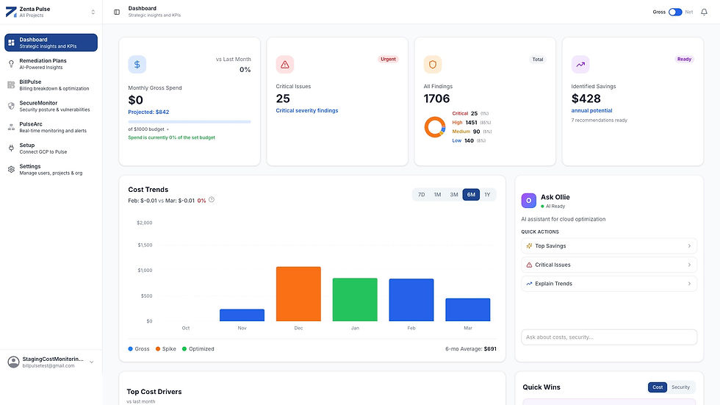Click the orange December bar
[x=298, y=294]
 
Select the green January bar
[x=355, y=299]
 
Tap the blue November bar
[x=242, y=315]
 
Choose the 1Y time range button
[x=487, y=195]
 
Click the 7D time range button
[x=421, y=195]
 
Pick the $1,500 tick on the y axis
[x=145, y=245]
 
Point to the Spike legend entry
[x=165, y=348]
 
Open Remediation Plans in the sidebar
[x=43, y=63]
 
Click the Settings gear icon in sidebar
[x=11, y=169]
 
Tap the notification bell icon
[x=704, y=12]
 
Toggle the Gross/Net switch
[x=675, y=12]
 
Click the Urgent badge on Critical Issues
[x=388, y=60]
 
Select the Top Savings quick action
[x=608, y=246]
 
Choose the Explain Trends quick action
[x=608, y=284]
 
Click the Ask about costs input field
[x=608, y=337]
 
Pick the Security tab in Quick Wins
[x=680, y=387]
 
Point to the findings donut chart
[x=435, y=126]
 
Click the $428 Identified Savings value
[x=586, y=98]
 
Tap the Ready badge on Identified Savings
[x=684, y=60]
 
